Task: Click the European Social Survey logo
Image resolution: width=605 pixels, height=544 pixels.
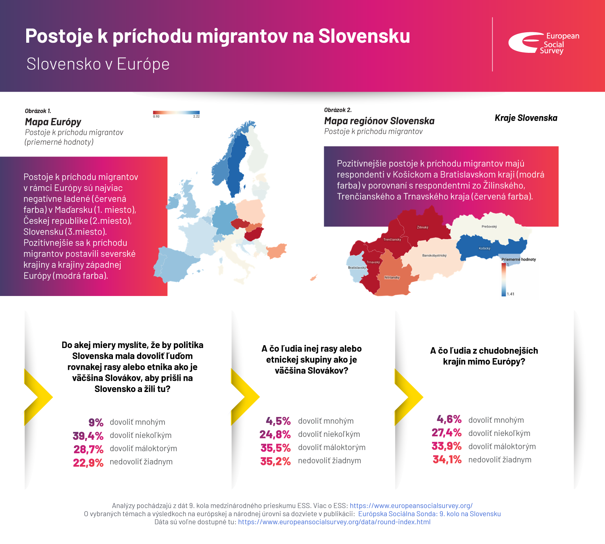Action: [x=543, y=43]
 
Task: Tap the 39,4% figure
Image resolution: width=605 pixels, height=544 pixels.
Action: [x=88, y=436]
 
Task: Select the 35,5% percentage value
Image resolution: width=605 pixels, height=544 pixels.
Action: [x=275, y=448]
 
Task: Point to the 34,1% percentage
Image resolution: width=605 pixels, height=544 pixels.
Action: [x=447, y=460]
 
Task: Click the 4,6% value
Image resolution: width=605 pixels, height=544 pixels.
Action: [x=449, y=420]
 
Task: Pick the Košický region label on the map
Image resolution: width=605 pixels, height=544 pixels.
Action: [x=484, y=248]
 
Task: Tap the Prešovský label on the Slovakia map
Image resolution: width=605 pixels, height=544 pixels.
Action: [x=489, y=227]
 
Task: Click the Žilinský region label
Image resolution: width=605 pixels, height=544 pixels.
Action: [x=423, y=227]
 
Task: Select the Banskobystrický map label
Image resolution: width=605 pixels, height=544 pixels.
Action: [x=434, y=256]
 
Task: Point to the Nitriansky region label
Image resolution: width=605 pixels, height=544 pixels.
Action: [x=392, y=277]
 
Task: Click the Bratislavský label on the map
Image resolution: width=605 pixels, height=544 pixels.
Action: [x=357, y=268]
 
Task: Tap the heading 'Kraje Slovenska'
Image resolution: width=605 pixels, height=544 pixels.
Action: [x=526, y=118]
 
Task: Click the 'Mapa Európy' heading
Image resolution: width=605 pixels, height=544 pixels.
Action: [x=53, y=122]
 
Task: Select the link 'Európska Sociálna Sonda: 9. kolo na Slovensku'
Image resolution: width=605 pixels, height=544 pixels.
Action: [x=430, y=514]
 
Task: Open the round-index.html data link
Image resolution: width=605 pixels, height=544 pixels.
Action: [x=334, y=522]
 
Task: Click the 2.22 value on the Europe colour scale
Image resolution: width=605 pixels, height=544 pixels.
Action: [x=196, y=117]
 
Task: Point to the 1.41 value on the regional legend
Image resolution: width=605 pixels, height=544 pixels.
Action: [x=511, y=294]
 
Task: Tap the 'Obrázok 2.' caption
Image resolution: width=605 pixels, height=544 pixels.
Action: [x=338, y=110]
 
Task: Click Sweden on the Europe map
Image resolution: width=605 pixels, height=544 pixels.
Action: [x=236, y=165]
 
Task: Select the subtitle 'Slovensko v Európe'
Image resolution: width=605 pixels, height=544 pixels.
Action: [x=98, y=64]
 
